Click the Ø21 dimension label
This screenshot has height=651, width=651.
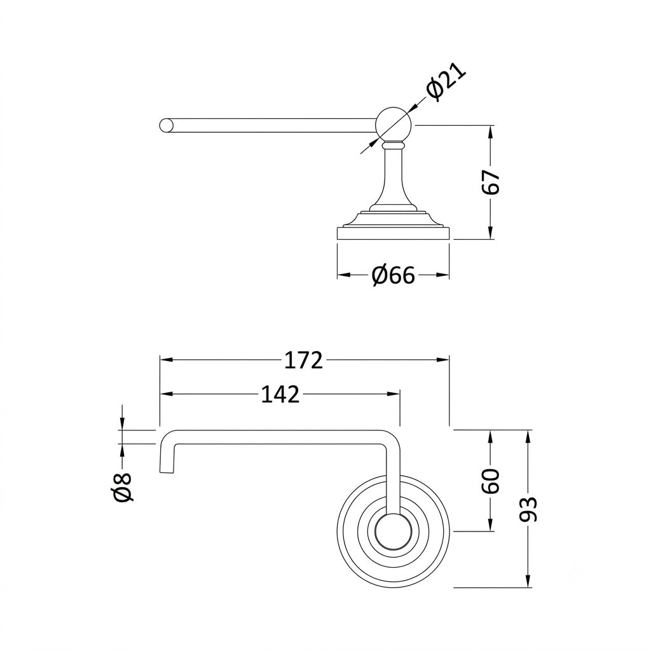(446, 81)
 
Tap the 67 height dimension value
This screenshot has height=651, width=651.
(491, 182)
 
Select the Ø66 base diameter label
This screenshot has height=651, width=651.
(393, 275)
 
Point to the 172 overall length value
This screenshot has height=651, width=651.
(303, 360)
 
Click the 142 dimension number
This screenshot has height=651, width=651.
(280, 394)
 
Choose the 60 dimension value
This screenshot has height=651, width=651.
(491, 481)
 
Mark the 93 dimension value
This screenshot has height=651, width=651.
(528, 509)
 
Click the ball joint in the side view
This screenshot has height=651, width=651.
(393, 125)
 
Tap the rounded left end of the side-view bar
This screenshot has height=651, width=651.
(166, 125)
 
